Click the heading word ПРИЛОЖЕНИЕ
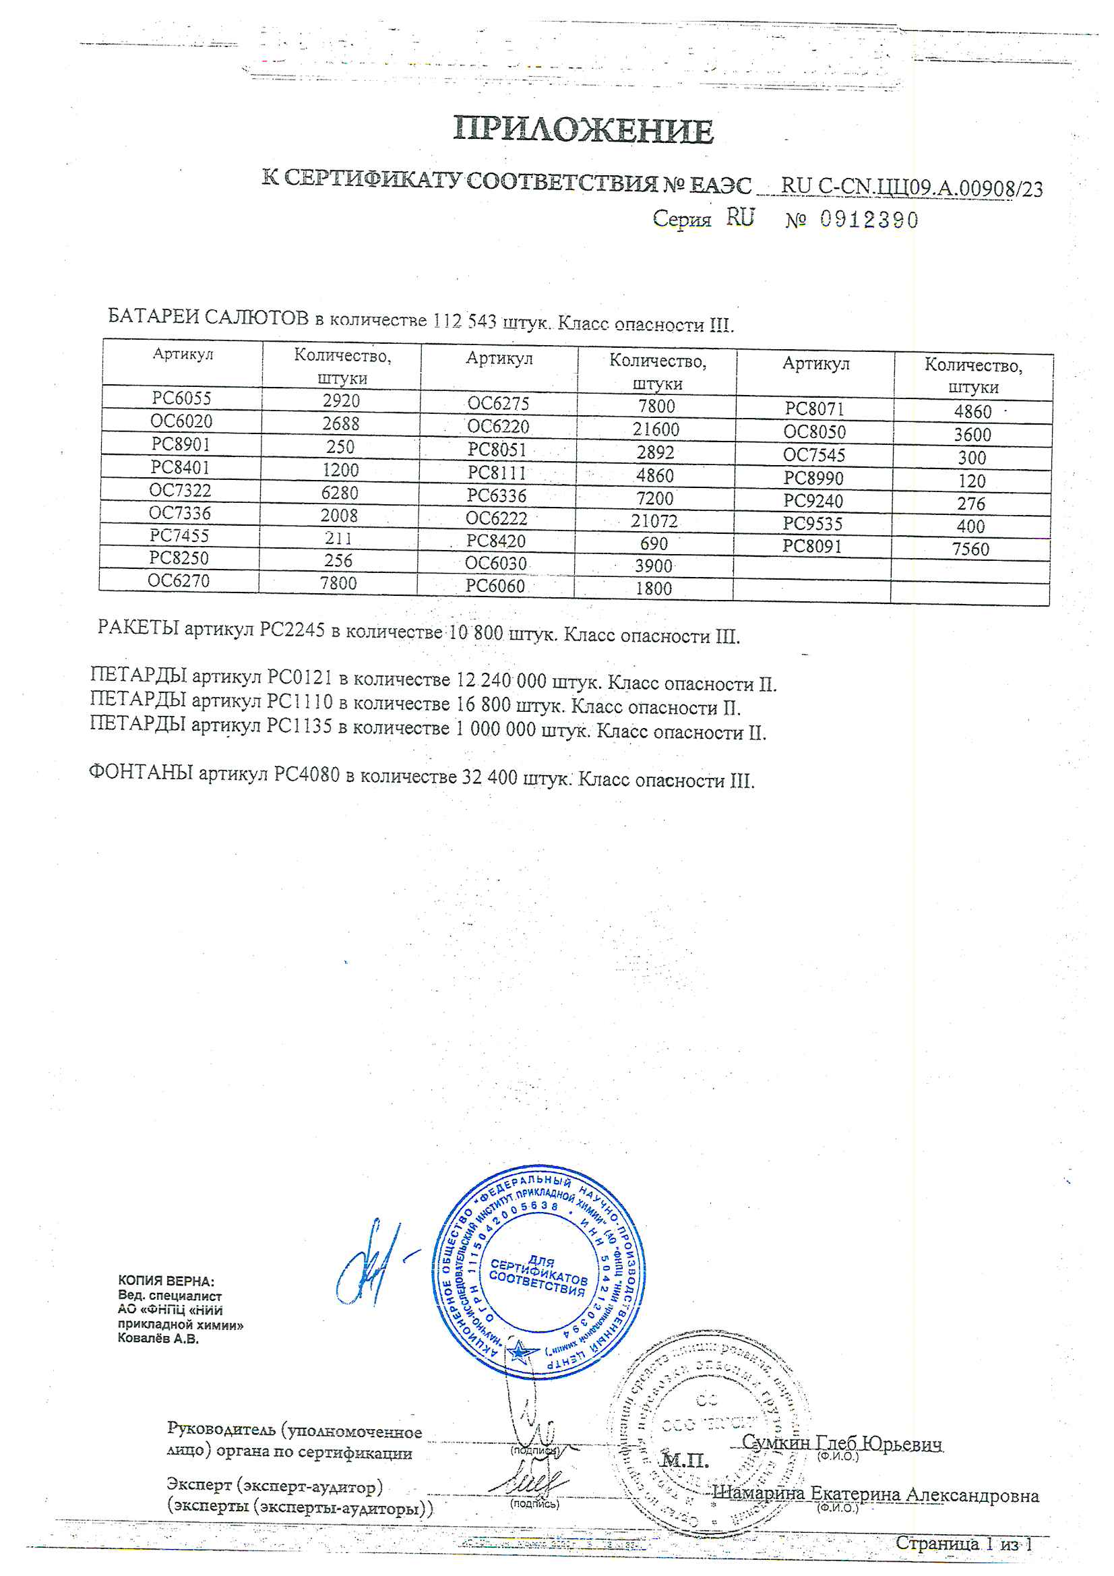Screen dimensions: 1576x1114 tap(583, 129)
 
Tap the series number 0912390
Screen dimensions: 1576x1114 tap(868, 220)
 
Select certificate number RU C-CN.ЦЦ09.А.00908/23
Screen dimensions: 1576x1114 tap(912, 187)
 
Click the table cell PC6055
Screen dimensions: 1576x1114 tap(182, 398)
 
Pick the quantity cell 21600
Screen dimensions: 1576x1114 tap(656, 429)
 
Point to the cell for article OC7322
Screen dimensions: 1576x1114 tap(180, 490)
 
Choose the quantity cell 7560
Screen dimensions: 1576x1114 tap(970, 549)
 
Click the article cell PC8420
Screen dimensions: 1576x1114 tap(495, 541)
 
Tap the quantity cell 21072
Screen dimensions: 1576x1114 tap(654, 521)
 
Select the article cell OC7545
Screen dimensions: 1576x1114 tap(814, 455)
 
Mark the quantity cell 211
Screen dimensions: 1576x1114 tap(338, 538)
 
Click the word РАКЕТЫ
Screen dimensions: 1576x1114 tap(138, 628)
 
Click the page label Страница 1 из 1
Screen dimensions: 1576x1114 tap(963, 1544)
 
